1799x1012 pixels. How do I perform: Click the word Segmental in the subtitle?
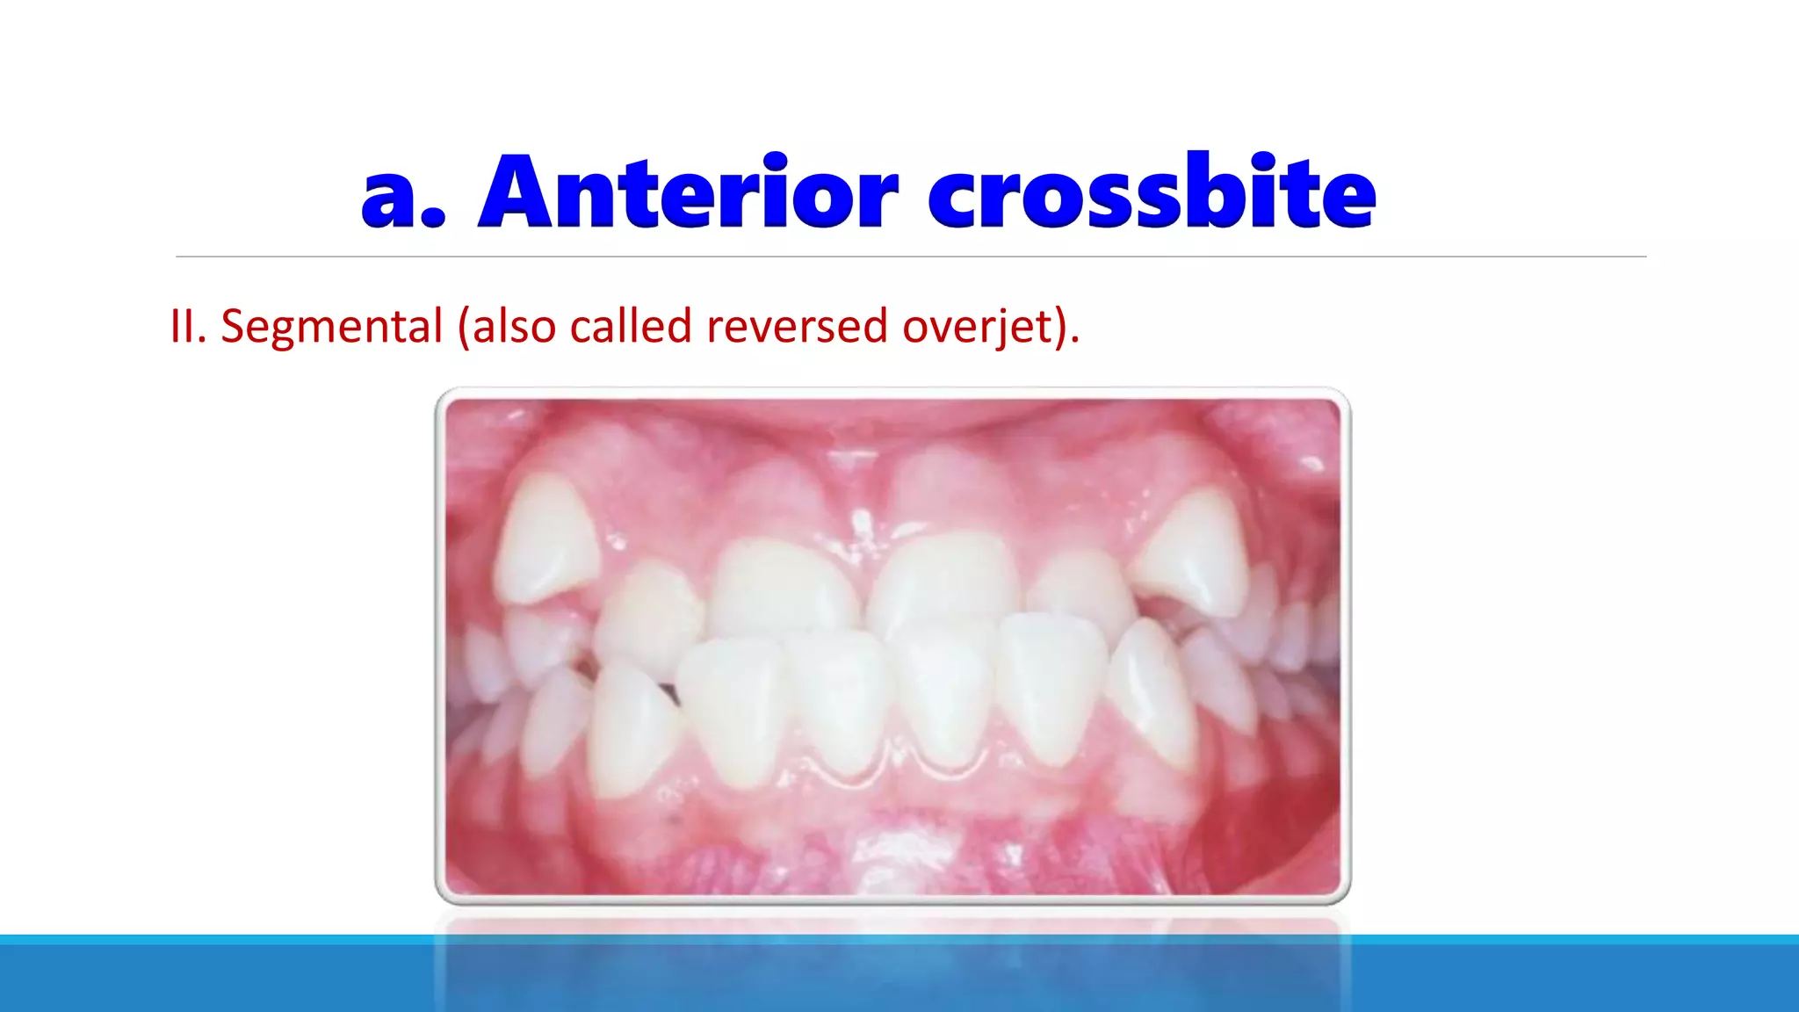[x=331, y=327]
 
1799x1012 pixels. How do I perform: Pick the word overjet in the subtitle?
[x=978, y=327]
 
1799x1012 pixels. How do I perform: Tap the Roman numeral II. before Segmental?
[x=187, y=327]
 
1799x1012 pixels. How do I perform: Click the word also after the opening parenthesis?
[x=514, y=327]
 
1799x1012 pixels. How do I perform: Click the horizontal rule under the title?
[x=910, y=257]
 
